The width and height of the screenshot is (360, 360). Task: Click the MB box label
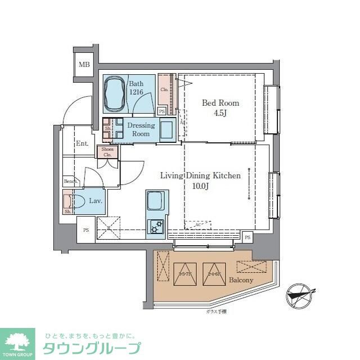click(x=84, y=65)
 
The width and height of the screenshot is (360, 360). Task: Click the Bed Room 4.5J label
click(x=220, y=107)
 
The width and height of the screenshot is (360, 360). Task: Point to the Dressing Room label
click(x=141, y=129)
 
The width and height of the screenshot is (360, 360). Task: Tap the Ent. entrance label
click(x=82, y=143)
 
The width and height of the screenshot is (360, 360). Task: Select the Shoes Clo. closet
click(x=107, y=152)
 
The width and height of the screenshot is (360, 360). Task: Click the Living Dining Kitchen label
click(x=200, y=175)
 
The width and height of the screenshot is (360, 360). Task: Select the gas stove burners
click(x=155, y=226)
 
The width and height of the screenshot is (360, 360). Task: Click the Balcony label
click(x=241, y=280)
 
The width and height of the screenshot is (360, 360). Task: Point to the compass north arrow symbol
click(x=298, y=294)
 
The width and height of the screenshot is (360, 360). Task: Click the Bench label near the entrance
click(x=70, y=181)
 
